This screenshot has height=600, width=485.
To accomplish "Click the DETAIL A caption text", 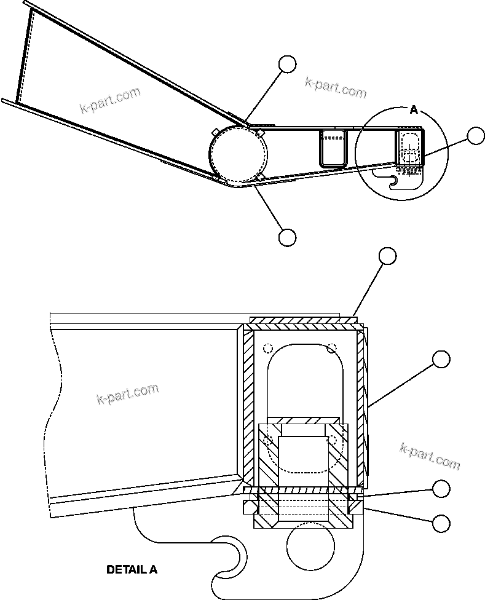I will pos(132,569).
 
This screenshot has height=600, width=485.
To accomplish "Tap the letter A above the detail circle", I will pos(414,110).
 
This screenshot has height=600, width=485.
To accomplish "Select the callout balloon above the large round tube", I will pos(287,64).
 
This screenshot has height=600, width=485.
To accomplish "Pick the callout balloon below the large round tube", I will pos(287,237).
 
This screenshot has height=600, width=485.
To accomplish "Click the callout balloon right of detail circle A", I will pos(476,136).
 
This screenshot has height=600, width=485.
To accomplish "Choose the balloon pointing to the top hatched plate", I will pos(387,256).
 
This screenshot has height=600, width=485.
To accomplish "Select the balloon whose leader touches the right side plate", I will pos(441,359).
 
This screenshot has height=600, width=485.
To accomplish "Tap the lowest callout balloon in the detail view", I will pos(441,523).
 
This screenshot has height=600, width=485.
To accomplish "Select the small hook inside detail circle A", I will pos(393,180).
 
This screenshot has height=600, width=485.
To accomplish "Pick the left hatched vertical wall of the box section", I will pos(248,406).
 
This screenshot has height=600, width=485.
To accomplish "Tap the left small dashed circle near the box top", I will pos(267,349).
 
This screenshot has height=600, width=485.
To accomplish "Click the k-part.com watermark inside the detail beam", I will pos(128,393).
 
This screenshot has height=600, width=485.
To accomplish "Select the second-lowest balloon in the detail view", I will pos(441,489).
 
